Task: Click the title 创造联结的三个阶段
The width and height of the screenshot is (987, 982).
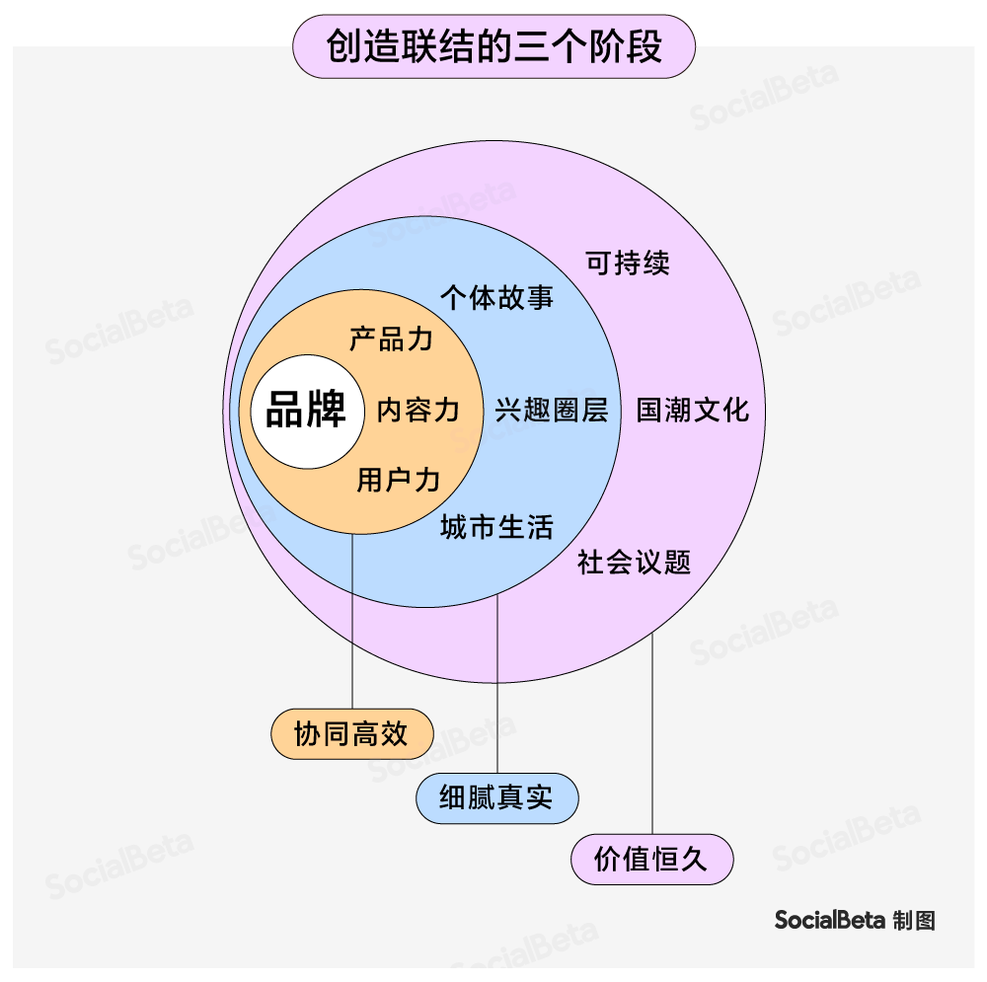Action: pos(493,46)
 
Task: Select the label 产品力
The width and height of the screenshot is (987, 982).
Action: pos(392,340)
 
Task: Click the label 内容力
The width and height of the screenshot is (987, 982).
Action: pos(418,411)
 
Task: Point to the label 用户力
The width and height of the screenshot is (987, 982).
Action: pos(399,481)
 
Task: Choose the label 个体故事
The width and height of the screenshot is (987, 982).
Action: pos(496,298)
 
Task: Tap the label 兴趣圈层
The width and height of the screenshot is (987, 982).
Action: pos(552,411)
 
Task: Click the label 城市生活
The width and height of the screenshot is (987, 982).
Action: pos(496,527)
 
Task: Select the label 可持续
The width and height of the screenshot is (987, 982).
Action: pos(628,263)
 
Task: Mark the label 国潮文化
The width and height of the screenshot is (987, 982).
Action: pos(693,411)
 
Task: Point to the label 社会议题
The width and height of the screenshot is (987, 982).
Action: pos(635,563)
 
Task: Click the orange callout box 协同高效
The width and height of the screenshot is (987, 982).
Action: pos(351,734)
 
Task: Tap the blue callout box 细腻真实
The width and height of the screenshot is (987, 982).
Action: pos(496,798)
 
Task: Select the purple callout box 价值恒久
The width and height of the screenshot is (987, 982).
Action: pos(651,860)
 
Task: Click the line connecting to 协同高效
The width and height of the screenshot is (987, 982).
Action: pos(352,622)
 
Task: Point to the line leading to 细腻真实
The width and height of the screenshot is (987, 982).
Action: pos(496,691)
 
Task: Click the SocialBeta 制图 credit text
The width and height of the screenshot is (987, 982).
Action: pos(855,920)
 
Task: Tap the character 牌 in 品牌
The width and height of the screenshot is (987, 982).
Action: pos(327,411)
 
